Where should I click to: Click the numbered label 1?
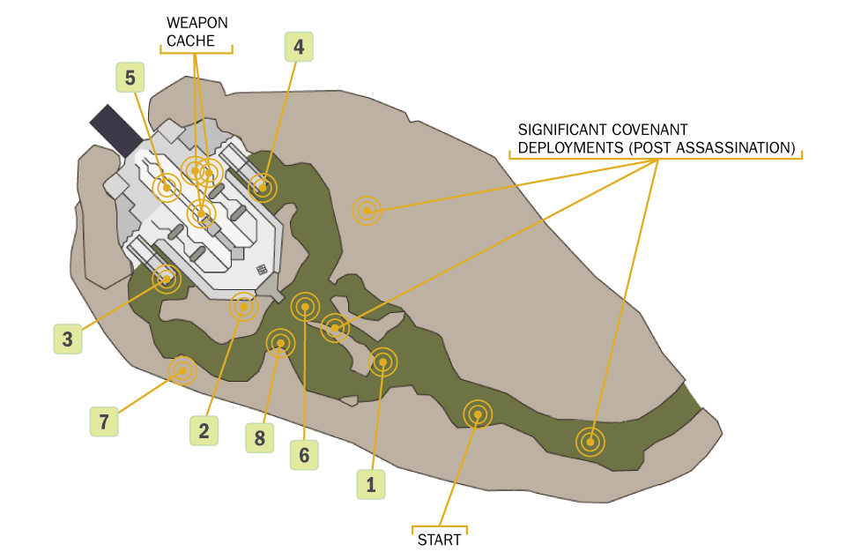tap(370, 484)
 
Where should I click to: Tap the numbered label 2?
tap(204, 430)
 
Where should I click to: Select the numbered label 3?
tap(67, 338)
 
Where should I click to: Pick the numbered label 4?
tap(299, 47)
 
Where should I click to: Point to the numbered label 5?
tap(130, 78)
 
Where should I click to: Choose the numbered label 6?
tap(304, 455)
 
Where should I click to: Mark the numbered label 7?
tap(103, 421)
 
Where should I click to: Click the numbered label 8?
tap(258, 437)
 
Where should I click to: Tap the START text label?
tap(439, 540)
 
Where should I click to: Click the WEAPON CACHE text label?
tap(197, 32)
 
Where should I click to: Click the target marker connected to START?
tap(478, 413)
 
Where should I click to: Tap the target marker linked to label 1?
tap(382, 361)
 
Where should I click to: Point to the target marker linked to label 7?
tap(182, 371)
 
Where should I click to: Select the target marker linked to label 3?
tap(166, 279)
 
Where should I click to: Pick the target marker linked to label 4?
tap(262, 187)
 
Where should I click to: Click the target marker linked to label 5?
tap(166, 186)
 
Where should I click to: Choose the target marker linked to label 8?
tap(280, 342)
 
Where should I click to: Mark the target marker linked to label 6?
tap(305, 307)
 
